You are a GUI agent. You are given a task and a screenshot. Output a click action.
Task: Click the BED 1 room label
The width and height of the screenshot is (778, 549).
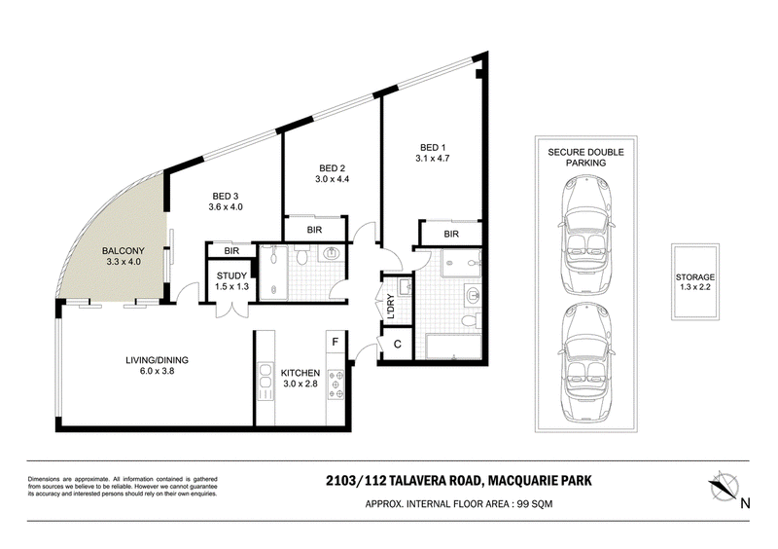tap(433, 148)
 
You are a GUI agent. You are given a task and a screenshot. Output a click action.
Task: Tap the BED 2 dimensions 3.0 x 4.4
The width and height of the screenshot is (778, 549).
tap(332, 179)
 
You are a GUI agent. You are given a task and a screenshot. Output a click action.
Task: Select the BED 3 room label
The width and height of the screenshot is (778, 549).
tap(226, 197)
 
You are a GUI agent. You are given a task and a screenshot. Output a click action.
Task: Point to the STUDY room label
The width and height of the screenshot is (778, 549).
tap(231, 276)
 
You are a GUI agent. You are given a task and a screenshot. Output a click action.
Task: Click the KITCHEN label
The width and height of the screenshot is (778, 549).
tap(301, 373)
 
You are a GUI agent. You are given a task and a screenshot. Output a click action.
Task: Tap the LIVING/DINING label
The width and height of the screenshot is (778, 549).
tap(157, 360)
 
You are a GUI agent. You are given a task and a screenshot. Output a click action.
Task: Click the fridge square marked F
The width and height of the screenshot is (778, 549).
tap(336, 342)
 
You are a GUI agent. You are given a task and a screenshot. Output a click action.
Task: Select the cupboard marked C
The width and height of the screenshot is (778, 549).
tap(398, 345)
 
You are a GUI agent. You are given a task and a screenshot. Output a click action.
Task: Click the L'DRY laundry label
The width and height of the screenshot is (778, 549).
tap(390, 307)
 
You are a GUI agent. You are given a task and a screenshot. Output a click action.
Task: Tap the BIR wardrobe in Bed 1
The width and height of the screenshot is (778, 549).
tap(451, 234)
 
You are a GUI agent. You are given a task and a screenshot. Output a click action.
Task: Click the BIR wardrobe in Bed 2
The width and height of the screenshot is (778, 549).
tap(314, 230)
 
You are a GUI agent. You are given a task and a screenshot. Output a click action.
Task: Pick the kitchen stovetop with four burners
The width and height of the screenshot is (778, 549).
tap(336, 384)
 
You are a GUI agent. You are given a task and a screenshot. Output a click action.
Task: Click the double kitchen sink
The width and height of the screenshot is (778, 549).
tap(265, 382)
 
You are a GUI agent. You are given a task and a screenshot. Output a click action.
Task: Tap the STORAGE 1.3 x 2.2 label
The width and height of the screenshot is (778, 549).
tap(695, 281)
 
